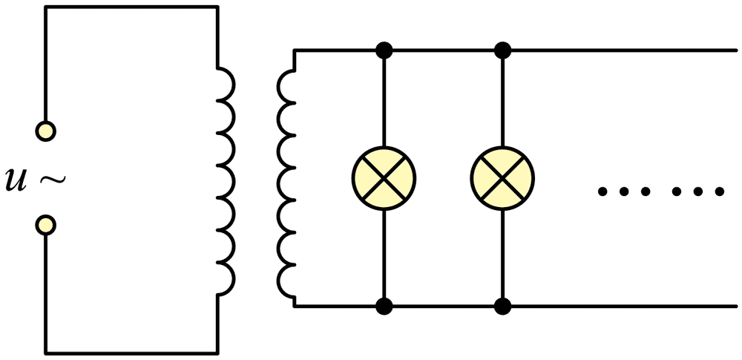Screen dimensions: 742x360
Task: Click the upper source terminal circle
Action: (x=46, y=131)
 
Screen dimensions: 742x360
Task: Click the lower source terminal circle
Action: (x=46, y=225)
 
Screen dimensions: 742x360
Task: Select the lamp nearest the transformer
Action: (x=384, y=178)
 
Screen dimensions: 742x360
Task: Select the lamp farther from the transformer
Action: (x=502, y=178)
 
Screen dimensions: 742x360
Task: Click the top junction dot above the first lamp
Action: (x=384, y=50)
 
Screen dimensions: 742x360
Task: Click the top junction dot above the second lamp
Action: (x=502, y=50)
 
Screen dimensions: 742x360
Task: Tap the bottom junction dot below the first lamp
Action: (x=384, y=307)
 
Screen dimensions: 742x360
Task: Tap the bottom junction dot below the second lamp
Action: (x=502, y=307)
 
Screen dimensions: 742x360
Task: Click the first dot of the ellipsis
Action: (x=603, y=192)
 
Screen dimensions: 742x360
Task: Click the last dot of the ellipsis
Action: (x=719, y=192)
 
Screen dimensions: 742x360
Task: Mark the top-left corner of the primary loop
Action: (x=45, y=7)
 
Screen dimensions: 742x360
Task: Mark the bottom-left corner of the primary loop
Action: (x=45, y=353)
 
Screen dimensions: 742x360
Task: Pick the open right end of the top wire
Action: (x=736, y=50)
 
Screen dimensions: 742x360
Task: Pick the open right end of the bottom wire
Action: (x=736, y=307)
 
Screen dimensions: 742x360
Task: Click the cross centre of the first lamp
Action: (x=384, y=178)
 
